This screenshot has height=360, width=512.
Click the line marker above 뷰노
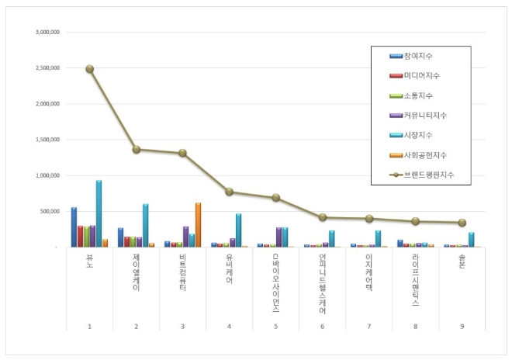point(90,68)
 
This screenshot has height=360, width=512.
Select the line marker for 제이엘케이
point(137,149)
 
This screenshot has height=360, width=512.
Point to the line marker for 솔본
point(462,223)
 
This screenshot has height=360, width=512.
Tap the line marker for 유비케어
point(230,192)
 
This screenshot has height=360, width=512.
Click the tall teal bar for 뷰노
point(99,213)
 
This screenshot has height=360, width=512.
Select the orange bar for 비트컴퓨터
point(198,225)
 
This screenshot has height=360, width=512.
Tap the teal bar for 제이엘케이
point(145,225)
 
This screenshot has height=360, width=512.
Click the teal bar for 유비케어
point(238,230)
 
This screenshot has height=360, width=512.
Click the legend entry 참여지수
point(419,56)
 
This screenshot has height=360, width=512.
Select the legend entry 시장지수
point(419,135)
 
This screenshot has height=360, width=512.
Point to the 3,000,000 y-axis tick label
point(48,33)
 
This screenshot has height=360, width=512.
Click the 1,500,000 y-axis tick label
point(48,140)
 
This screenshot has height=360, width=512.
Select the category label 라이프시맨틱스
point(416,279)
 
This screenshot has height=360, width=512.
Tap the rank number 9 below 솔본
point(462,327)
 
